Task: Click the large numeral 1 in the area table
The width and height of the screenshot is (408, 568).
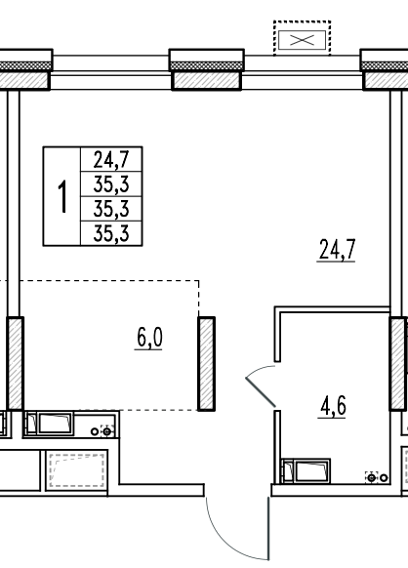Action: pyautogui.click(x=63, y=197)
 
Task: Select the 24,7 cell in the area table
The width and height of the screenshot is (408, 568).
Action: pyautogui.click(x=111, y=159)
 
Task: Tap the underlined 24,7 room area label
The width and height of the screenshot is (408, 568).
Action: pyautogui.click(x=337, y=250)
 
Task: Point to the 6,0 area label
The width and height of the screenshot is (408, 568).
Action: pyautogui.click(x=149, y=339)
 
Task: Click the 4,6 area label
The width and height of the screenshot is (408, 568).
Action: pyautogui.click(x=333, y=406)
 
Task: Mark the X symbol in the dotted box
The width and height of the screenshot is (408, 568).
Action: pyautogui.click(x=302, y=40)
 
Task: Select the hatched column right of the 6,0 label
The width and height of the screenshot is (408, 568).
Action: pyautogui.click(x=207, y=364)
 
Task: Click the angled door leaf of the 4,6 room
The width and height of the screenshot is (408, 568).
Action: pyautogui.click(x=261, y=391)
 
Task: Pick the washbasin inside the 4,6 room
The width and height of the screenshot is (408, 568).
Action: pyautogui.click(x=306, y=471)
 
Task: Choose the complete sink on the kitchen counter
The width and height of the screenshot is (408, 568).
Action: pyautogui.click(x=49, y=424)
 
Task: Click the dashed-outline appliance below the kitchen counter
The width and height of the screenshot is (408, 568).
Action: pyautogui.click(x=77, y=470)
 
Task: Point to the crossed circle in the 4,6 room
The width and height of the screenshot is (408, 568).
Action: pyautogui.click(x=372, y=478)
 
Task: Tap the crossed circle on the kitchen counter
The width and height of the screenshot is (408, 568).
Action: pyautogui.click(x=107, y=431)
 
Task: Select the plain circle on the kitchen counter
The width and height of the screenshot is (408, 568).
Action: pyautogui.click(x=95, y=431)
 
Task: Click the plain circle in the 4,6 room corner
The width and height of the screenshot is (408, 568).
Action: pyautogui.click(x=384, y=478)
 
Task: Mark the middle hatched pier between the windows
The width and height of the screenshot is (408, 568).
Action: pyautogui.click(x=207, y=80)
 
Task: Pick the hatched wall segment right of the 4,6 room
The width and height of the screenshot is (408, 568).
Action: pyautogui.click(x=397, y=364)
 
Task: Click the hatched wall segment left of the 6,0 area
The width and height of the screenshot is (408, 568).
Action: pyautogui.click(x=16, y=364)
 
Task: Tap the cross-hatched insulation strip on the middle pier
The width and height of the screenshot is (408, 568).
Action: pyautogui.click(x=207, y=66)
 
